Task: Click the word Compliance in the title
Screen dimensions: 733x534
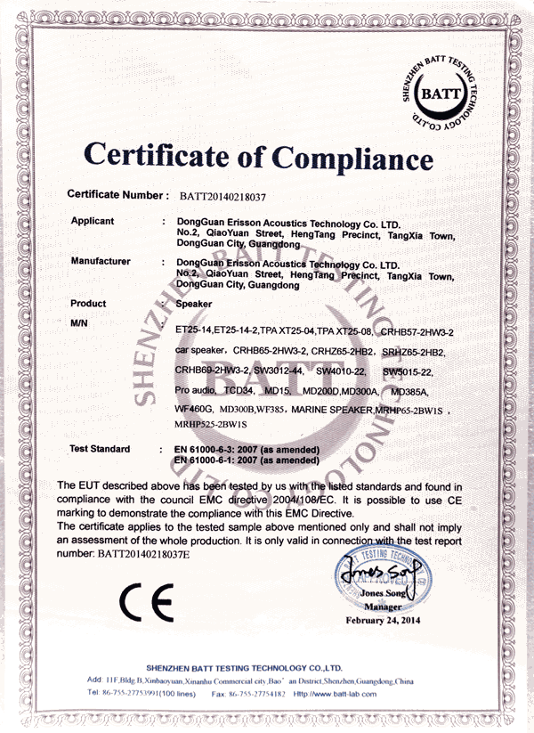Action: click(x=353, y=158)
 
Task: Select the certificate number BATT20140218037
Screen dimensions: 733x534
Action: click(x=223, y=194)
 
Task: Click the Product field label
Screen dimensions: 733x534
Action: click(x=88, y=304)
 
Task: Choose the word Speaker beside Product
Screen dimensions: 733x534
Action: click(x=194, y=304)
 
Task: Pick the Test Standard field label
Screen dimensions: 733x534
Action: click(x=100, y=449)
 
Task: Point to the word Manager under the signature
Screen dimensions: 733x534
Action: click(x=383, y=606)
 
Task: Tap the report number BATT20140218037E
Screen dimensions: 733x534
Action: click(x=143, y=553)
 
